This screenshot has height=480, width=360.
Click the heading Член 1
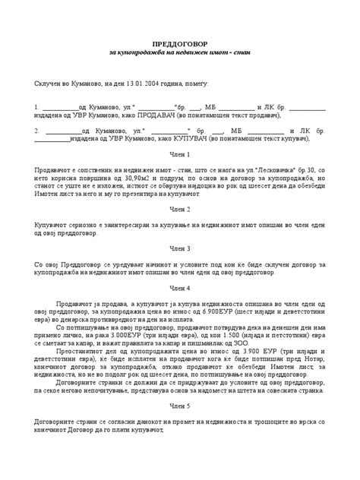click(180, 154)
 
